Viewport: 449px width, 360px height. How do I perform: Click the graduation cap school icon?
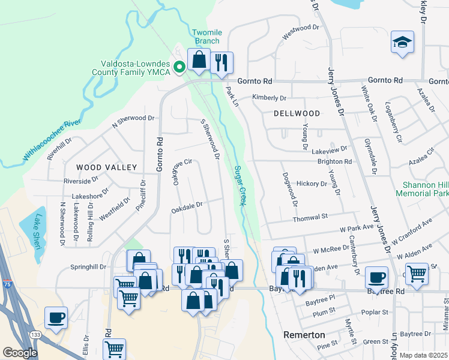coord(402,43)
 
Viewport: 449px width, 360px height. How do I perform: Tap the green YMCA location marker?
coord(179,67)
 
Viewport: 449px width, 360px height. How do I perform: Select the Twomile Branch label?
coord(207,37)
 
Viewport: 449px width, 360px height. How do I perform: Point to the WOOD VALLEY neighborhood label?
coord(106,167)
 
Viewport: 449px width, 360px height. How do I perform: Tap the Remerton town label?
coord(304,334)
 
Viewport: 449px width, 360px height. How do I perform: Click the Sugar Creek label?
coord(241,186)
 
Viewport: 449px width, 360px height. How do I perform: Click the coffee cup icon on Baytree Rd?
coord(376,277)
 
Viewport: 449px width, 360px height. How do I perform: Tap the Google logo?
coord(19,353)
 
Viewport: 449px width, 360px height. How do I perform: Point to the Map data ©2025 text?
coord(423,355)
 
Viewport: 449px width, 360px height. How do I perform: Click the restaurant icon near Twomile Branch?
coord(221,62)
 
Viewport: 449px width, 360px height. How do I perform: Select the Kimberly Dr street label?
coord(270,97)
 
